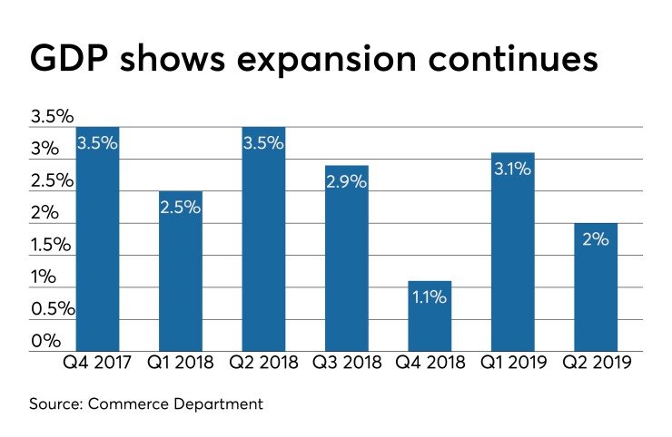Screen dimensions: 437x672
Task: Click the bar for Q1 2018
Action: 181,272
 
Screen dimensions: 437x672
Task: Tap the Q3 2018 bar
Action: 347,258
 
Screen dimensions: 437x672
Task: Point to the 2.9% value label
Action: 347,181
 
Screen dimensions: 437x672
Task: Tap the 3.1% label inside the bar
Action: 512,169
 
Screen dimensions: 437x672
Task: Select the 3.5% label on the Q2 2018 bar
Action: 263,143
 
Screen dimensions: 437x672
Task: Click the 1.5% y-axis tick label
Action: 51,245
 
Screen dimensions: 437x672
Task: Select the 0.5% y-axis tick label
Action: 51,309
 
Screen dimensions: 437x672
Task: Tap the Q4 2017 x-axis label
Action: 98,364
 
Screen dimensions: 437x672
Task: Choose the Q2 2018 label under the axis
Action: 263,364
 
